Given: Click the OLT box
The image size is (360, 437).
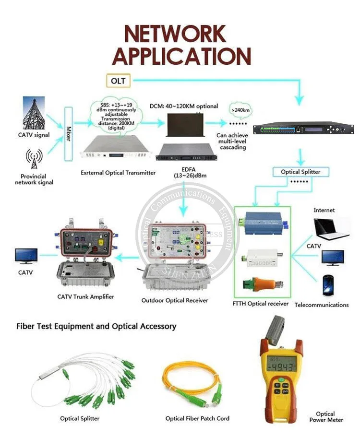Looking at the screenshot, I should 118,81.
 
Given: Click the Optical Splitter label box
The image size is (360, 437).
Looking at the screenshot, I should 301,172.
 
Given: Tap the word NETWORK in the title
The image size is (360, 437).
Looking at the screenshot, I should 175,34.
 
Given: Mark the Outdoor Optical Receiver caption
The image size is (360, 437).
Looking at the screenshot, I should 175,301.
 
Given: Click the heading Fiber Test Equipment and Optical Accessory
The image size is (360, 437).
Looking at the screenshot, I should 96,327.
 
